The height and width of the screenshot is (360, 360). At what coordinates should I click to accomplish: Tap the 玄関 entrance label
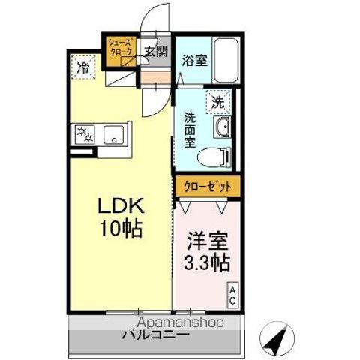(x=155, y=52)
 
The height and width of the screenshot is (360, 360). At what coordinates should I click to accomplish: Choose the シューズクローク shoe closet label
(x=120, y=46)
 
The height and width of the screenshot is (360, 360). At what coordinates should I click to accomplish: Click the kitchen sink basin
(x=112, y=136)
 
